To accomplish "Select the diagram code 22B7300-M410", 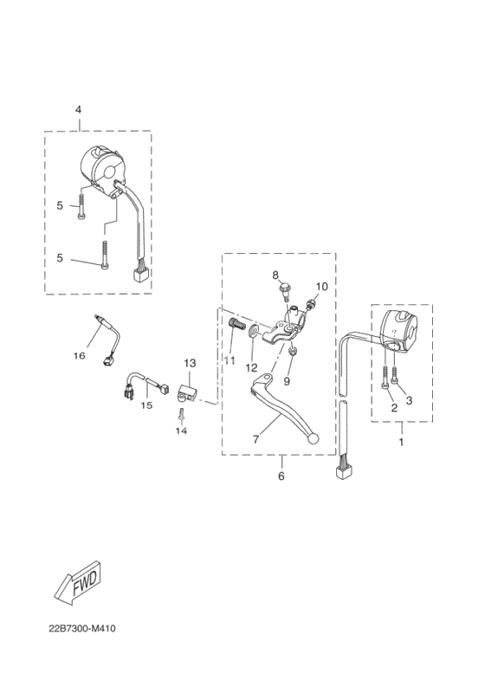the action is point(82,629).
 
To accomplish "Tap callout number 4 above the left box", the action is point(78,109).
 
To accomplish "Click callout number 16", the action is point(79,356).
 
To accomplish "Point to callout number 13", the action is point(190,363).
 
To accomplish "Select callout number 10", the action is point(321,287).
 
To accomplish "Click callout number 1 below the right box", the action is point(401,443).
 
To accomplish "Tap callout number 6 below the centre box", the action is point(281,476).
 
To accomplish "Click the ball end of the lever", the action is point(314,439).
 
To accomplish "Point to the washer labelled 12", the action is point(254,332).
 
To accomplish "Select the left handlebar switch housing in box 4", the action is point(102,171).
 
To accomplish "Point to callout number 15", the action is point(146,405).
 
